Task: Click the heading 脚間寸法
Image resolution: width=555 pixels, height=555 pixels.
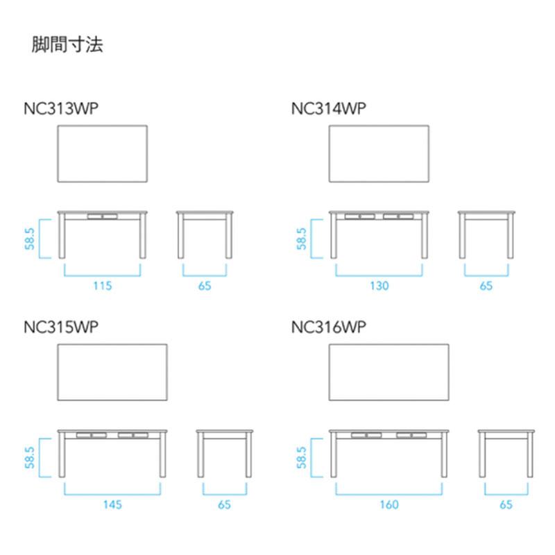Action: (x=67, y=45)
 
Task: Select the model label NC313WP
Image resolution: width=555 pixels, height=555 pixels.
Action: (x=61, y=108)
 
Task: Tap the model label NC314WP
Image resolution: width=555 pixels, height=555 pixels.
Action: (x=328, y=108)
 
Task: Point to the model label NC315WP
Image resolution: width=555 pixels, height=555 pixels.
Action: (x=61, y=327)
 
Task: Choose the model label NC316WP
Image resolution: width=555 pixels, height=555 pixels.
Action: (x=328, y=327)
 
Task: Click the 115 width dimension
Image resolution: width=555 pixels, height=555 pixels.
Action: (x=103, y=286)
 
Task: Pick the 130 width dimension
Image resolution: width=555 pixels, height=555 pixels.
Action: (x=379, y=286)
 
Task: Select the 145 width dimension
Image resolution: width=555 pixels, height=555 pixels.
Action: (x=112, y=504)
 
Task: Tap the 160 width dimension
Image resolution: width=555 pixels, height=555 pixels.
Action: (x=389, y=504)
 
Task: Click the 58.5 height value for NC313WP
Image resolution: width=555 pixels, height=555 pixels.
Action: (x=30, y=239)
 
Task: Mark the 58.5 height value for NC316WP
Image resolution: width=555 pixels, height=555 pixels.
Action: (x=301, y=458)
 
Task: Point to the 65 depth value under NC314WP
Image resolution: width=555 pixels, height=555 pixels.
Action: (x=486, y=286)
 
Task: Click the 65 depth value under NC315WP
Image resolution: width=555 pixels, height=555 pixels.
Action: (x=224, y=504)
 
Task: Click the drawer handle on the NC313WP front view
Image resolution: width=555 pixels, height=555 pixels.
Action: (x=102, y=216)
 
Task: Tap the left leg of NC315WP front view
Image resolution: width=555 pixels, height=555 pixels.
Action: (x=62, y=454)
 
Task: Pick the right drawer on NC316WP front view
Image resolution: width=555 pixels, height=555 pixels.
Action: (x=411, y=435)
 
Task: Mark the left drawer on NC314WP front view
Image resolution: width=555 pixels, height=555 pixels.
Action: (x=359, y=216)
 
